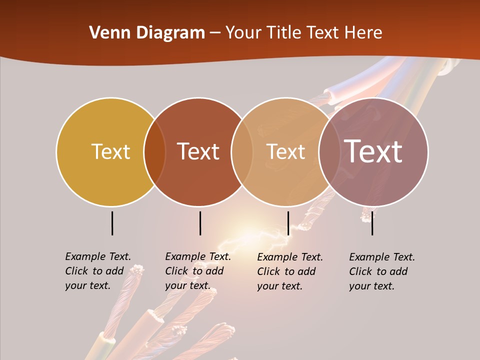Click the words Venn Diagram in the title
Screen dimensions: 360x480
147,33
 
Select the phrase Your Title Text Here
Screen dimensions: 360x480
303,33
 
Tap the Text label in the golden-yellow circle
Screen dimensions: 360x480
110,151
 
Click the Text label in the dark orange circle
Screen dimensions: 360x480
198,151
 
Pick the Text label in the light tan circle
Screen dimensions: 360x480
285,151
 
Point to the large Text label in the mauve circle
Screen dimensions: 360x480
373,151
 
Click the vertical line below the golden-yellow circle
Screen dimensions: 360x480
112,223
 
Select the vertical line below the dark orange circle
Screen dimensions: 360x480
200,223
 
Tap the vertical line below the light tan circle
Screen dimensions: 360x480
288,223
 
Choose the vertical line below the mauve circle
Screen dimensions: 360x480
372,223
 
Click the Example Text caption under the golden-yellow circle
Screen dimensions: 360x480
98,271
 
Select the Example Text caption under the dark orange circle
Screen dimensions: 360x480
198,271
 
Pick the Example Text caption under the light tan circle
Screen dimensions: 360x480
290,271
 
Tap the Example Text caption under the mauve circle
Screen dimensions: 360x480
382,271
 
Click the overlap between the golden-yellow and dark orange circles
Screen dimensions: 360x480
154,151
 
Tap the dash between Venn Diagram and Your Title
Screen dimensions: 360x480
215,33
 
